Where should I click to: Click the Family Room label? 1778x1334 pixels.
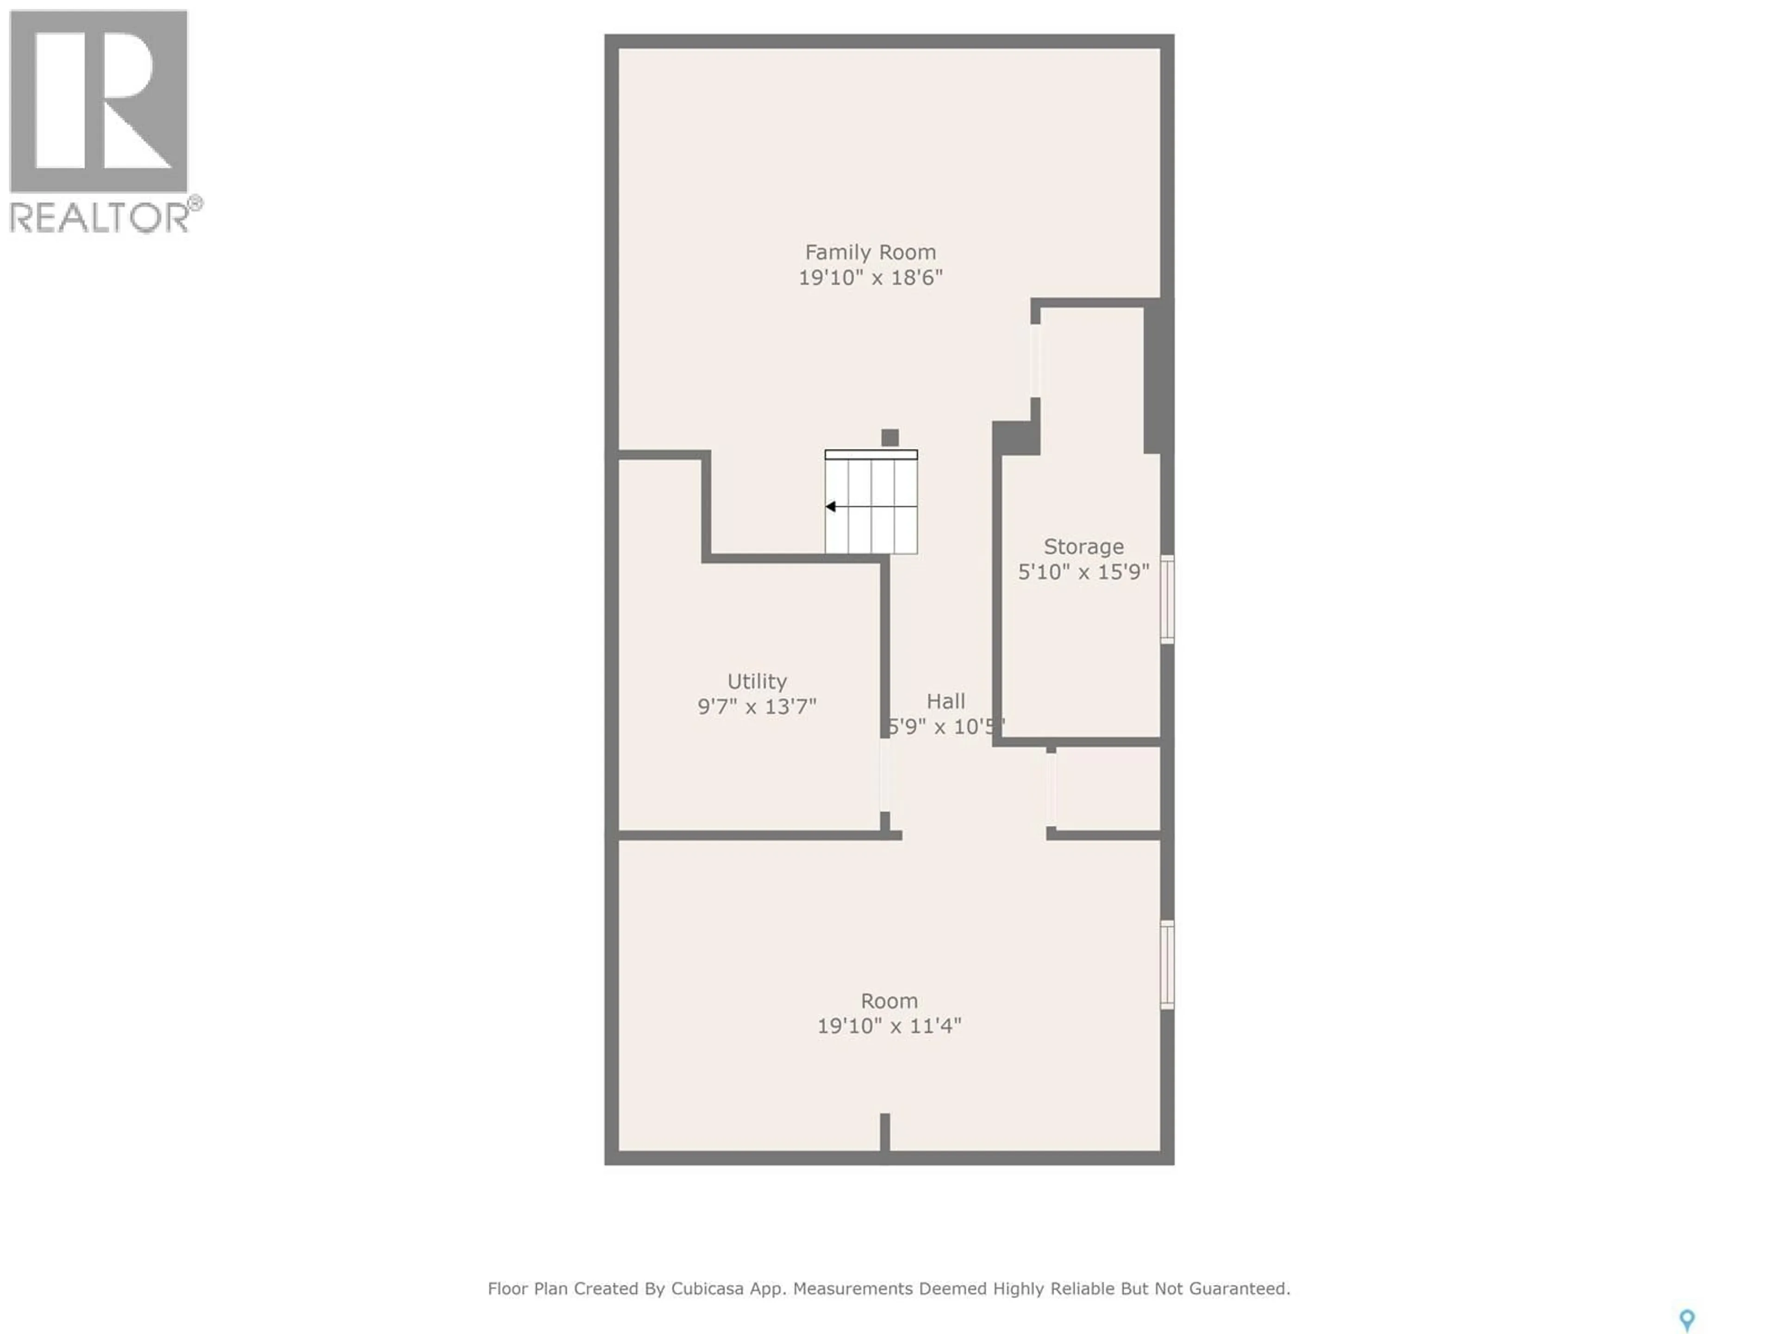870,252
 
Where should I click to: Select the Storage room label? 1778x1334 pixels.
1083,547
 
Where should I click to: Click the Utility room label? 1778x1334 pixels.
757,682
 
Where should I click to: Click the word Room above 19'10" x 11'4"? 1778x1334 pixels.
889,1001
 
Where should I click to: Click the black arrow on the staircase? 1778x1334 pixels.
831,507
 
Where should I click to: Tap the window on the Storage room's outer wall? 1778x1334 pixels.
1167,599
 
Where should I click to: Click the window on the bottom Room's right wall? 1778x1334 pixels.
1167,964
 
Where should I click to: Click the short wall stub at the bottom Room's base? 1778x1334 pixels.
885,1134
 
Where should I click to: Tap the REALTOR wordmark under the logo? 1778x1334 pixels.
100,217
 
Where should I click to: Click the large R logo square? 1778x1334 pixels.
99,101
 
